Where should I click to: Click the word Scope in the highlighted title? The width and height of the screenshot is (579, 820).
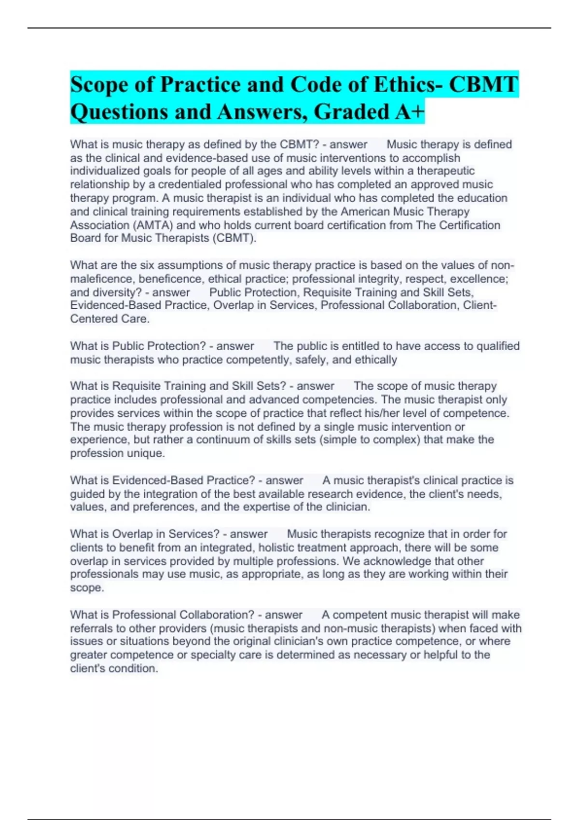[x=99, y=85]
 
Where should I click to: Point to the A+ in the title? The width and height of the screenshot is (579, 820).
[x=410, y=112]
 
